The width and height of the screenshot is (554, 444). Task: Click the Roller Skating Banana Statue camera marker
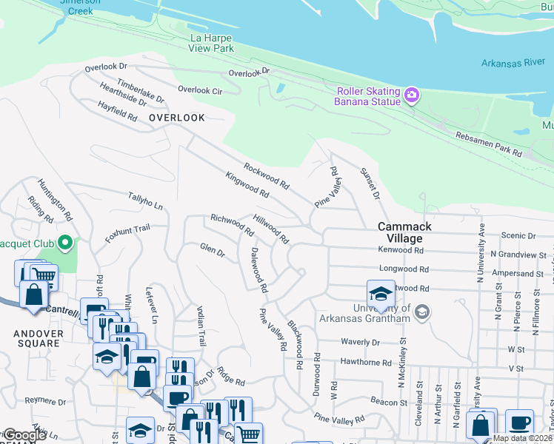coord(412,95)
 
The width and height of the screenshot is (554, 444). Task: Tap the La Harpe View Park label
coord(213,43)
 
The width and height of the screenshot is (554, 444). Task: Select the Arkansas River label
coord(513,63)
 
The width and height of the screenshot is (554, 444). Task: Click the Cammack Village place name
coord(400,232)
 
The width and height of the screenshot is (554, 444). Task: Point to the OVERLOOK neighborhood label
coord(176,118)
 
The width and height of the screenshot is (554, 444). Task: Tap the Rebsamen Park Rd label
coord(489,147)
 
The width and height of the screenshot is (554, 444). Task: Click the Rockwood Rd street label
coord(266,175)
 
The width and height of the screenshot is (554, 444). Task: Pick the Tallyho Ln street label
coord(145,201)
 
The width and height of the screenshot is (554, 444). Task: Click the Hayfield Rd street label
coord(118,112)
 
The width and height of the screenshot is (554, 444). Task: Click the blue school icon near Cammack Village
coord(380,295)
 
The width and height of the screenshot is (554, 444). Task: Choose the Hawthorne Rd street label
coord(365,363)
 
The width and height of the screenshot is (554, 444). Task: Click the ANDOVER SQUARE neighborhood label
coord(37,338)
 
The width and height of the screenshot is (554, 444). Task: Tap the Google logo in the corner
coord(24,435)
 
